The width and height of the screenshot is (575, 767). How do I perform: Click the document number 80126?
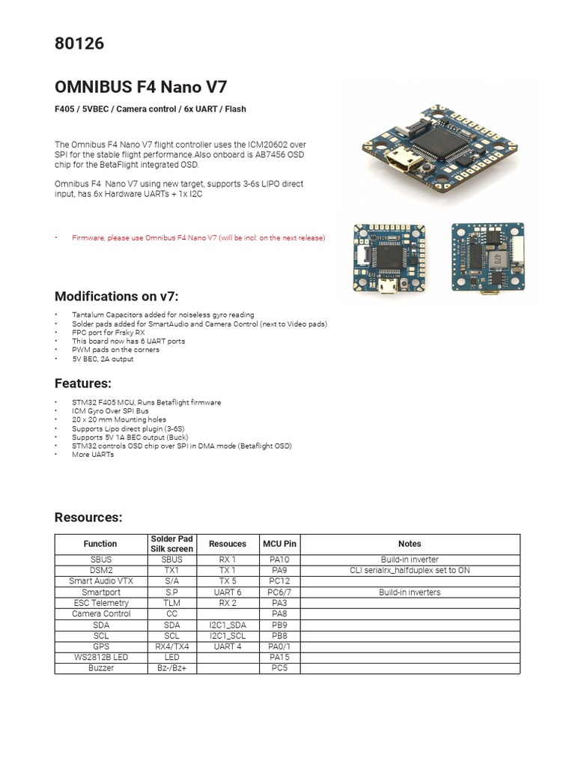tap(79, 44)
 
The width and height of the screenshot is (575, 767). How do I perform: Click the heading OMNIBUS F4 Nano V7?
tap(141, 86)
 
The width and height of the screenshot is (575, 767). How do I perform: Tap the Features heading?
tap(82, 383)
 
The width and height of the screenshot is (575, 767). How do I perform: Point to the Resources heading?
tap(88, 518)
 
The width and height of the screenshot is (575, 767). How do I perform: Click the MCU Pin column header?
tap(279, 544)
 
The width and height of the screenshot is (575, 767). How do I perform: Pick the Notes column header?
tap(410, 544)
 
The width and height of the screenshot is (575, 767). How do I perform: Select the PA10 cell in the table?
tap(279, 560)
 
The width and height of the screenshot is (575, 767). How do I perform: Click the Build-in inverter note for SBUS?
tap(410, 560)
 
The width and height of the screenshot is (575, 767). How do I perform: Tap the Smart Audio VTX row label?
tap(100, 581)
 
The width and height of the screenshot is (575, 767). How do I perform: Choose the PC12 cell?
tap(279, 581)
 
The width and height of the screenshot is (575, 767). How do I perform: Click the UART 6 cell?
tap(228, 592)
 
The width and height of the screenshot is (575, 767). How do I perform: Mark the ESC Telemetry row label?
tap(100, 603)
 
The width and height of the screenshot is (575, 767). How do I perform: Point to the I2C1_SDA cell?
tap(228, 625)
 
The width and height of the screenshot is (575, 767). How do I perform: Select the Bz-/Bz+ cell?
tap(172, 667)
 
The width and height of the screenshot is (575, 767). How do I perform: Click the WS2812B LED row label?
tap(100, 657)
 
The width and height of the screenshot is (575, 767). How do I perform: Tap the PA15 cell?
tap(279, 657)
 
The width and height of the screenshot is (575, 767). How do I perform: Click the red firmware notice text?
tap(198, 237)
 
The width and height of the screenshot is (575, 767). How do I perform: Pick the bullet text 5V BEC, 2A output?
tap(103, 359)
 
